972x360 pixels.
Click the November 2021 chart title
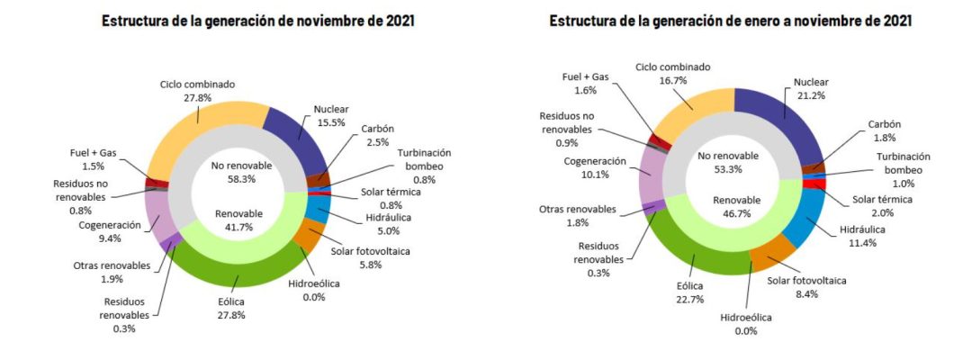click(258, 20)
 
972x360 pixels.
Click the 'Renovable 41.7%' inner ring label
click(238, 220)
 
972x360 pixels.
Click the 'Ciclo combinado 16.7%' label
click(673, 73)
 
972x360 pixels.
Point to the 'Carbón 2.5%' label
click(379, 135)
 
